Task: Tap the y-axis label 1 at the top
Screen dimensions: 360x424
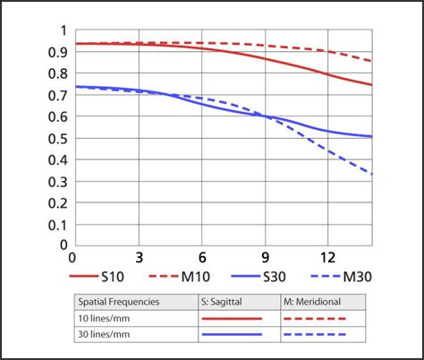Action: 63,30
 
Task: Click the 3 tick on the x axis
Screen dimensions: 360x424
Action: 139,256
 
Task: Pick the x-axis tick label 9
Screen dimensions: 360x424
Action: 265,256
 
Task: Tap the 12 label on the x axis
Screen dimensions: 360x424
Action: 327,256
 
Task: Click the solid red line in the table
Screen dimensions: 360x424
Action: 232,318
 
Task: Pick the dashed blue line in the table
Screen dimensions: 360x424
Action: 315,334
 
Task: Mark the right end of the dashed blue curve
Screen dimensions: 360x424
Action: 371,173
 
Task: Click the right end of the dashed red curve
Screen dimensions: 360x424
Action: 371,61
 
